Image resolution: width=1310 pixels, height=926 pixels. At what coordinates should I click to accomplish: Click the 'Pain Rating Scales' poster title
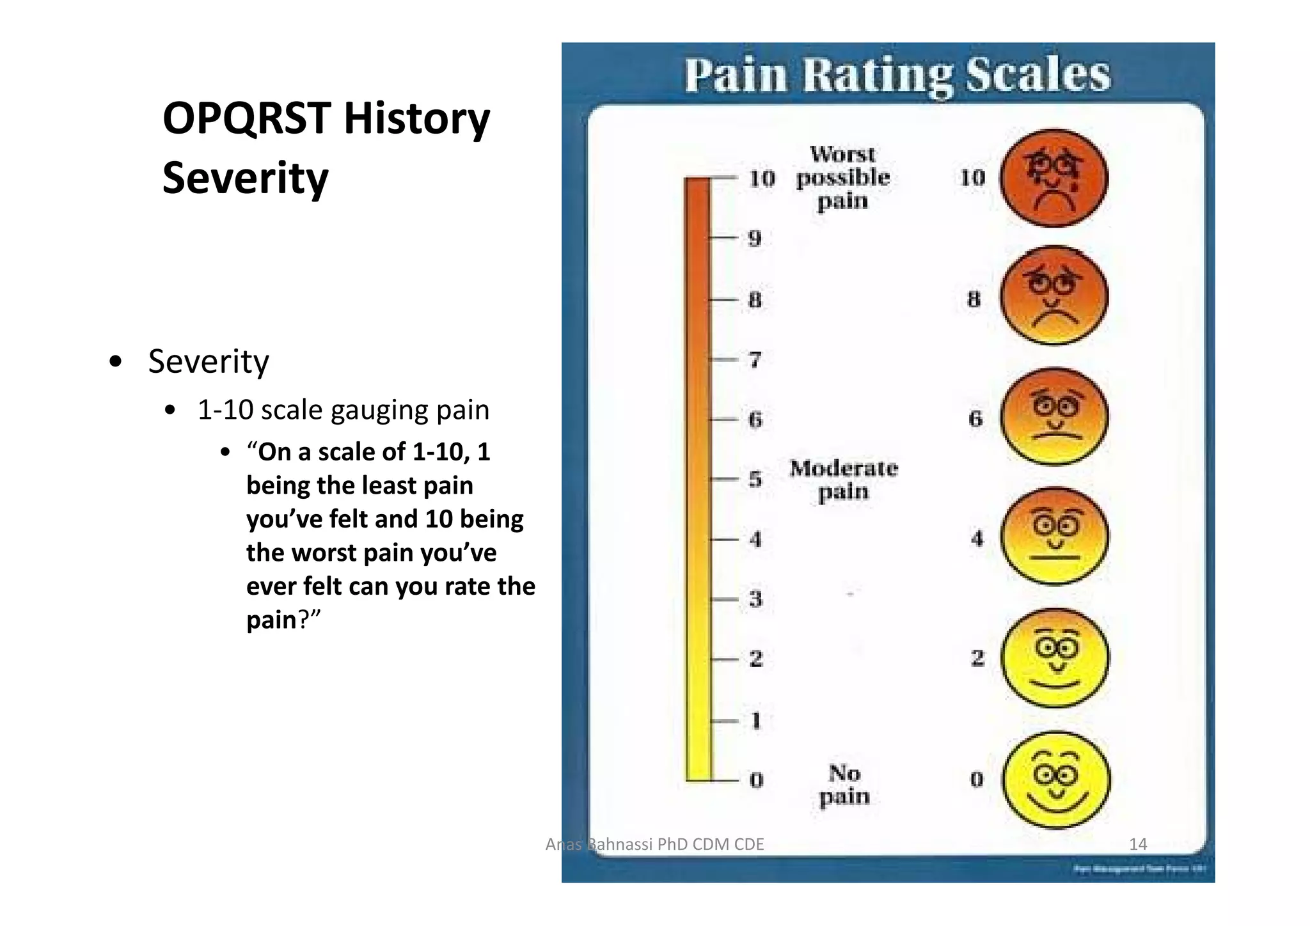point(897,75)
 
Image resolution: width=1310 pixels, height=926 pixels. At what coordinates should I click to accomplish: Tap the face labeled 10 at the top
point(1054,178)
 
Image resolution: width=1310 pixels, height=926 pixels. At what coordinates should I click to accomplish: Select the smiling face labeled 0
point(1055,780)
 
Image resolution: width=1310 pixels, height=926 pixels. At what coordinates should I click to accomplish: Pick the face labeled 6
point(1054,416)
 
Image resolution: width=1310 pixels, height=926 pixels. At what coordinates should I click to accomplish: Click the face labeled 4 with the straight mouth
point(1054,536)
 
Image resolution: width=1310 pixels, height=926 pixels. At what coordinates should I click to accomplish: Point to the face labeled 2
point(1055,658)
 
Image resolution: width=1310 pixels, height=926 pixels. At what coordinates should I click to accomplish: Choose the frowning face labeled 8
point(1054,296)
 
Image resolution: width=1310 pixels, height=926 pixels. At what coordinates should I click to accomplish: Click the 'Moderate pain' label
point(843,480)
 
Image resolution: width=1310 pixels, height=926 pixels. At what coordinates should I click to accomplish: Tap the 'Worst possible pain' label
point(842,177)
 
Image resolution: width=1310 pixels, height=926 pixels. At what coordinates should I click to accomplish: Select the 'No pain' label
point(844,785)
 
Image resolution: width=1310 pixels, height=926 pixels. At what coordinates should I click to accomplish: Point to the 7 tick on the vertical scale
point(755,359)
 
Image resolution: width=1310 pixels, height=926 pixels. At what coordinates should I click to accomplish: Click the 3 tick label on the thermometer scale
point(755,599)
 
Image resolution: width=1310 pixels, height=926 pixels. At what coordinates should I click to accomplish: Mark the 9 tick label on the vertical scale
point(755,239)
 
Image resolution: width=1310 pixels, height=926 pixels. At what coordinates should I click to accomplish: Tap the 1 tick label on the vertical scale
point(755,720)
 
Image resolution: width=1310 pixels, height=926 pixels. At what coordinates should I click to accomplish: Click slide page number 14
point(1137,844)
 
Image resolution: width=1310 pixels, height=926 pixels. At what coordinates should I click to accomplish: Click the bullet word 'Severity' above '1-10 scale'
point(209,361)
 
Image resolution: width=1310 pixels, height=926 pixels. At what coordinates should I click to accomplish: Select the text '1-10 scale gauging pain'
point(343,410)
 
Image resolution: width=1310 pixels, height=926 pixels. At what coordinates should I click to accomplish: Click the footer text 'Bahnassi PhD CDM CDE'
point(674,844)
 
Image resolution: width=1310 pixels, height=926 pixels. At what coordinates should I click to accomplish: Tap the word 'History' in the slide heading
point(416,119)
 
